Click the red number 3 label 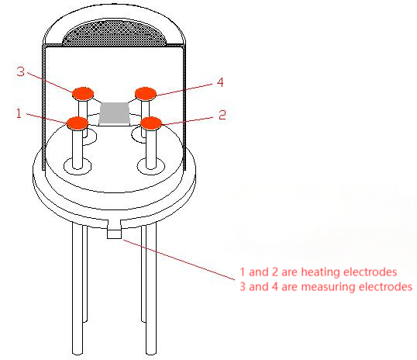click(x=20, y=71)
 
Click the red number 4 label click(x=220, y=82)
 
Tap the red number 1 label click(x=19, y=113)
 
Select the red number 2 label click(x=222, y=115)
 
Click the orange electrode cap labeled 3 click(x=83, y=93)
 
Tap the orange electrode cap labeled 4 click(x=146, y=94)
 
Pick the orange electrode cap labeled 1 click(x=78, y=123)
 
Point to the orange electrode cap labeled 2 click(x=151, y=123)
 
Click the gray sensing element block click(x=115, y=114)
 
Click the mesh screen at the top click(x=115, y=33)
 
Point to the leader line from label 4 click(x=184, y=89)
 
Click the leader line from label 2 click(x=188, y=121)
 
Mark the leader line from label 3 click(x=50, y=82)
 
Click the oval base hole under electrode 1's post click(x=78, y=166)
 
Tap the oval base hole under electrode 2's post click(x=151, y=167)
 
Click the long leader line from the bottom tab click(x=179, y=260)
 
